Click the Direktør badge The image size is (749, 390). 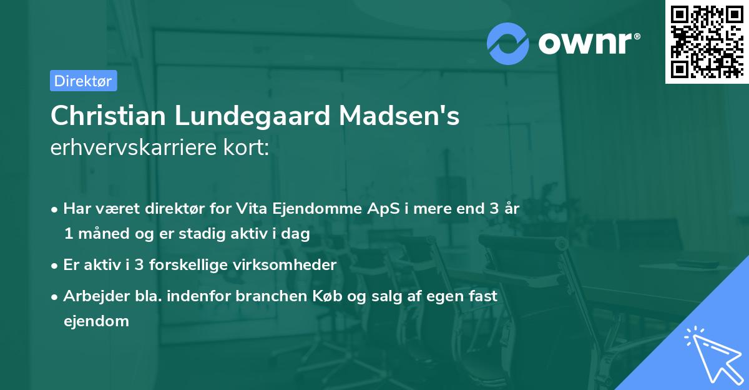click(83, 81)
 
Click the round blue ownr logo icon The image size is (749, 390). click(507, 42)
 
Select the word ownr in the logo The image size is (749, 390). click(587, 42)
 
